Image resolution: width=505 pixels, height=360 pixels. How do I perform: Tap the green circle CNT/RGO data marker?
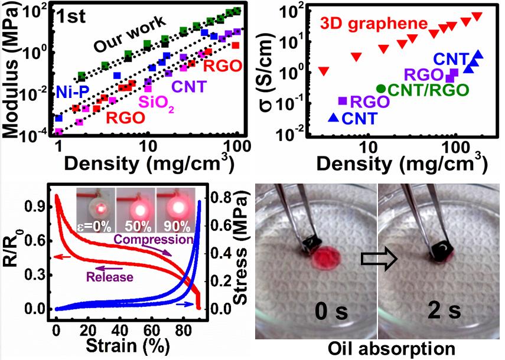click(381, 89)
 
